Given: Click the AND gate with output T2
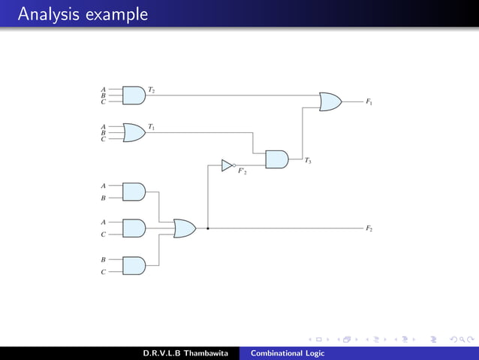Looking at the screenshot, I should (134, 95).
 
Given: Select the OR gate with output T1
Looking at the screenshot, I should (134, 133).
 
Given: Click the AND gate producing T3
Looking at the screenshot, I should (276, 159).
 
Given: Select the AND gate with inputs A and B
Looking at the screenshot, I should (134, 192).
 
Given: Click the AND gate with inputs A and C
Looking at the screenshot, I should (134, 228).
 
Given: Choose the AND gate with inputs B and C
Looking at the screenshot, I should (134, 265).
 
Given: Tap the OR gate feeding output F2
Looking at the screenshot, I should (184, 228).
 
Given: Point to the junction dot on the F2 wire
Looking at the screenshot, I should (207, 228).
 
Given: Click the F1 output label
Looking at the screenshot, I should (369, 101).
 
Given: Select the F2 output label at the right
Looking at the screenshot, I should (369, 228).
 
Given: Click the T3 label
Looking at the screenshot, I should (308, 161).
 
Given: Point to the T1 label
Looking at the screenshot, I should (152, 127).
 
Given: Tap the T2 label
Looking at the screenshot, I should (152, 90).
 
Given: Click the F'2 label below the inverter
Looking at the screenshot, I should (243, 172).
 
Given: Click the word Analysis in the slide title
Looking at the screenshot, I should (44, 14).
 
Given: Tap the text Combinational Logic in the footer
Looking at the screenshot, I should (288, 353).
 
